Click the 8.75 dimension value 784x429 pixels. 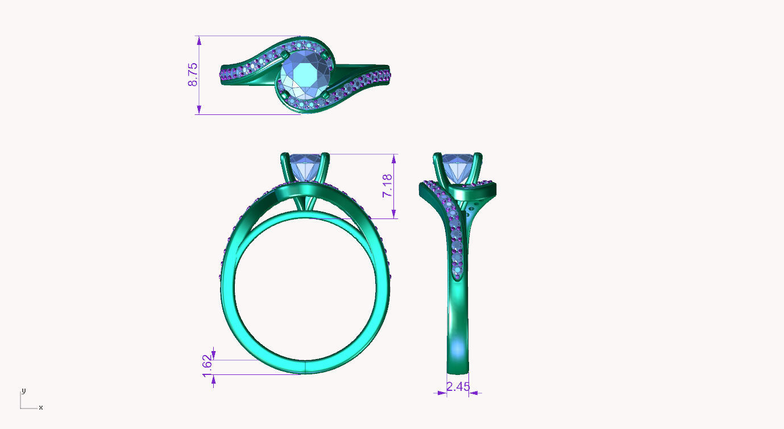(x=193, y=75)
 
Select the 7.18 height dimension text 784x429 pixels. (x=387, y=186)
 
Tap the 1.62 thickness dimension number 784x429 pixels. (x=208, y=364)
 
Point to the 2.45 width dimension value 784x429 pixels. (x=458, y=387)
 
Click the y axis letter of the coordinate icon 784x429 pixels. (x=23, y=390)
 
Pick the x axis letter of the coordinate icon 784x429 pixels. (x=41, y=407)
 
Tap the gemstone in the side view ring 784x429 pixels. (x=458, y=170)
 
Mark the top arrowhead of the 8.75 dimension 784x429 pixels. (x=199, y=40)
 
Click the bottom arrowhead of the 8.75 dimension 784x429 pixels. (x=199, y=110)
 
